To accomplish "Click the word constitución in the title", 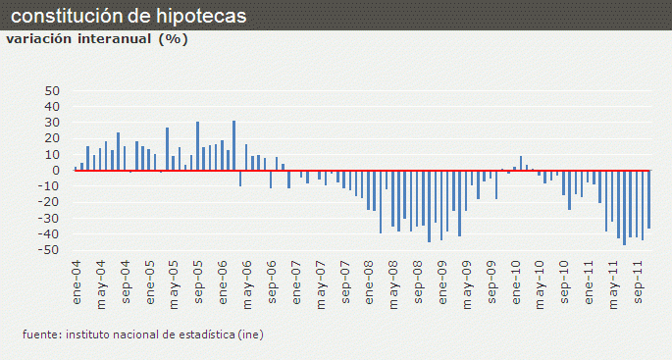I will click(x=64, y=17).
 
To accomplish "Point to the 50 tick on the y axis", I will click(x=53, y=91).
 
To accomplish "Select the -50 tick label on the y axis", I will click(x=50, y=251).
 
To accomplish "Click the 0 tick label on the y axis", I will click(x=58, y=171).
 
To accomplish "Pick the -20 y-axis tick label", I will click(x=50, y=203).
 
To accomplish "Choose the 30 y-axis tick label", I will click(x=53, y=123).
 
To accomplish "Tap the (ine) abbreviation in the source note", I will click(x=250, y=334).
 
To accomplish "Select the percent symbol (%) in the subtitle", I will click(x=173, y=39).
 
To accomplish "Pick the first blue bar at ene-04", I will click(x=76, y=168).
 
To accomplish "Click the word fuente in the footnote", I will click(x=41, y=334).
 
